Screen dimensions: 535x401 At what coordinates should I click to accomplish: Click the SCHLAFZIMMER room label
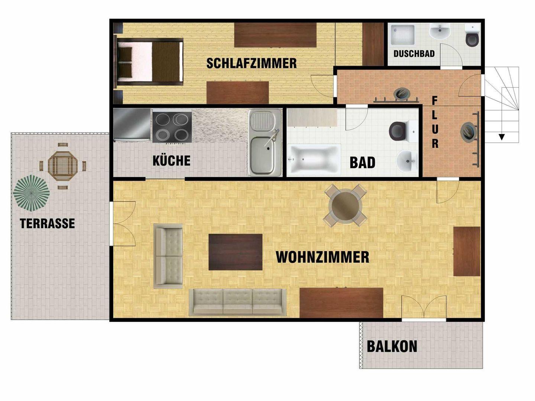(x=252, y=63)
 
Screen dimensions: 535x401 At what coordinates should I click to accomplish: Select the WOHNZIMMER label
(x=322, y=257)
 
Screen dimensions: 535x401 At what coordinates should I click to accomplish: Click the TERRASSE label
(x=47, y=223)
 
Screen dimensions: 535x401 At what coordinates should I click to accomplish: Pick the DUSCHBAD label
(x=414, y=53)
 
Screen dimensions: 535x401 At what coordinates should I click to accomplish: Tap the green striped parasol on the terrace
(x=32, y=193)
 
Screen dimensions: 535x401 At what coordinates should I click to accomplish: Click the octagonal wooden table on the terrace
(x=63, y=166)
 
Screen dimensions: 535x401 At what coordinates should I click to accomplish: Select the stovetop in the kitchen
(x=172, y=127)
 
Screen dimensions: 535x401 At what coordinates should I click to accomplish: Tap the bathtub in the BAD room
(x=314, y=160)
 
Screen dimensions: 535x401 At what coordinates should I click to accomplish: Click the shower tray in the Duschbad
(x=403, y=35)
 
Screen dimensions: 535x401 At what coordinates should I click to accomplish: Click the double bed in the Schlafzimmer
(x=150, y=62)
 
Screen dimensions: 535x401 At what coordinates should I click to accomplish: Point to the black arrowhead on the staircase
(x=501, y=137)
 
